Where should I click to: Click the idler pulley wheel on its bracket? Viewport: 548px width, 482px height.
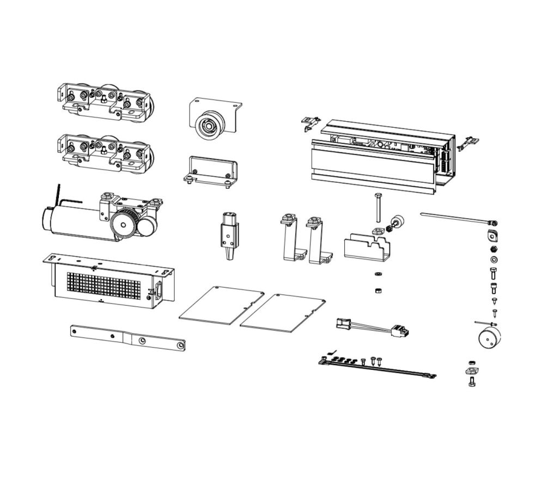click(x=209, y=127)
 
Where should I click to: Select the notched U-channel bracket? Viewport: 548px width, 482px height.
click(x=369, y=248)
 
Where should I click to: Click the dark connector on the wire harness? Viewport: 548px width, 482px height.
click(x=403, y=330)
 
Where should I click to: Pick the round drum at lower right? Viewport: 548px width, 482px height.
click(x=489, y=337)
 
